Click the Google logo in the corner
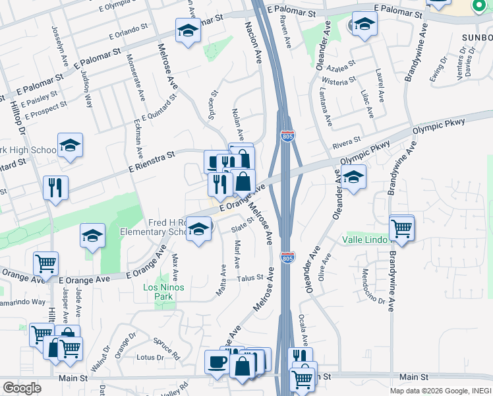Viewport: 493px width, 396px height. coord(22,387)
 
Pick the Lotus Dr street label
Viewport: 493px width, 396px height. coord(150,357)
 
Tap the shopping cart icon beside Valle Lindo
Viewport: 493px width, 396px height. coord(401,228)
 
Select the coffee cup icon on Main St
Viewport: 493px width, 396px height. coord(217,361)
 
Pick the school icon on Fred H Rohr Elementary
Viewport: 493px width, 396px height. coord(197,229)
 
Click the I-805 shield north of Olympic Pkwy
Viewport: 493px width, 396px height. coord(288,136)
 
